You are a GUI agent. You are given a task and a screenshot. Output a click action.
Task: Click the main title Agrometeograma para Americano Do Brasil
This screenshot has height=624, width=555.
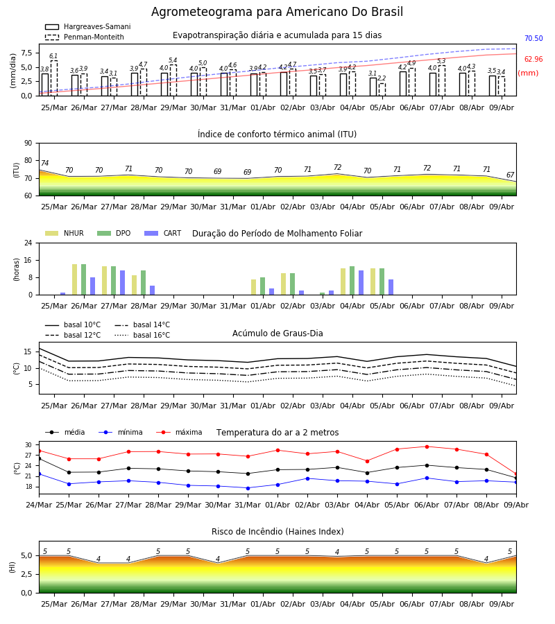(x=277, y=12)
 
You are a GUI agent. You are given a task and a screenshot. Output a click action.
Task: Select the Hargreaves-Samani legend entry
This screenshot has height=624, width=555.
(x=87, y=26)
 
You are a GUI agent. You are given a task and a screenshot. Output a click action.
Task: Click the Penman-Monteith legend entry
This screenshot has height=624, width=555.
(x=85, y=37)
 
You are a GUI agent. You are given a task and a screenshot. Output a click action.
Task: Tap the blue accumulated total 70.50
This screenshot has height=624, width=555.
(x=533, y=39)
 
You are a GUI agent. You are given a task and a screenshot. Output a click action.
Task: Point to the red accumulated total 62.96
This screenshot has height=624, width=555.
(x=533, y=60)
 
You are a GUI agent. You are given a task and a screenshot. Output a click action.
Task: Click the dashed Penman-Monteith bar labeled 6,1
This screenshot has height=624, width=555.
(x=53, y=78)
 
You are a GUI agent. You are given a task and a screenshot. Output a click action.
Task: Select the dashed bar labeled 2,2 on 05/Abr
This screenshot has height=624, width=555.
(x=382, y=89)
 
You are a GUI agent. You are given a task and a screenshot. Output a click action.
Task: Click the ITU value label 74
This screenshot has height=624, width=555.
(x=44, y=163)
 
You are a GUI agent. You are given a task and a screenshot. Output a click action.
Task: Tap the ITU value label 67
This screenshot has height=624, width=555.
(x=510, y=175)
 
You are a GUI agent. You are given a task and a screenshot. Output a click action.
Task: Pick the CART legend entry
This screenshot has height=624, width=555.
(x=163, y=233)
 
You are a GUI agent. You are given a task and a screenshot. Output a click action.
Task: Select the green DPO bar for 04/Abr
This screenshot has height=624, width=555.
(x=352, y=281)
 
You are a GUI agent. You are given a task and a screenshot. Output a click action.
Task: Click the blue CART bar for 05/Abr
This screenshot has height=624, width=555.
(x=391, y=287)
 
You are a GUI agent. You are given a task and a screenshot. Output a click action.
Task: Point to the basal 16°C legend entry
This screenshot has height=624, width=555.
(x=142, y=335)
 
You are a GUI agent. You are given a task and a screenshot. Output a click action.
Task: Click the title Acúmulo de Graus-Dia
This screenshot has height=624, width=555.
(x=277, y=333)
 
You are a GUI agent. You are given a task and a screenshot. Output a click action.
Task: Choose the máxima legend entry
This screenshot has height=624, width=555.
(x=179, y=432)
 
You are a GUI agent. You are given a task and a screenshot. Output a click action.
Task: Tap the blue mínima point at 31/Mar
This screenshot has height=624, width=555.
(x=248, y=488)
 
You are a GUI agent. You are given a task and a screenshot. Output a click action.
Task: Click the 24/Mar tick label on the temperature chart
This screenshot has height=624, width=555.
(x=39, y=505)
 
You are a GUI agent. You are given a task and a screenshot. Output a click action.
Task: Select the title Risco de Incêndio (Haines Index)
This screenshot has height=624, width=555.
(x=277, y=532)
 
